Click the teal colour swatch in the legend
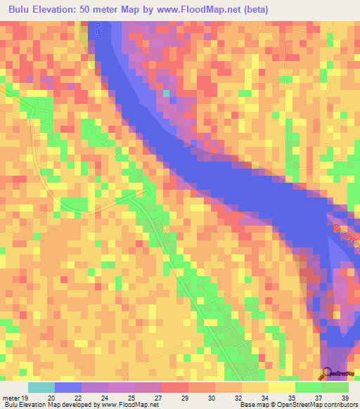pyautogui.click(x=41, y=387)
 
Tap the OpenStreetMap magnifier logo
pyautogui.click(x=326, y=373)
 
